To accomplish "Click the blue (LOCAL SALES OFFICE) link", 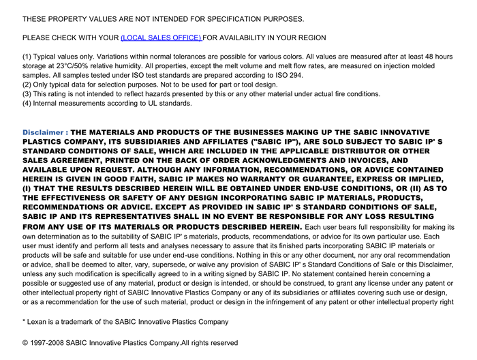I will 161,37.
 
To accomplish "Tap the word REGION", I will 310,37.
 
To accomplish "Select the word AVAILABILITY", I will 246,37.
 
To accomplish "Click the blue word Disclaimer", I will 44,132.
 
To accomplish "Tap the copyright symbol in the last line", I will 25,343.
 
